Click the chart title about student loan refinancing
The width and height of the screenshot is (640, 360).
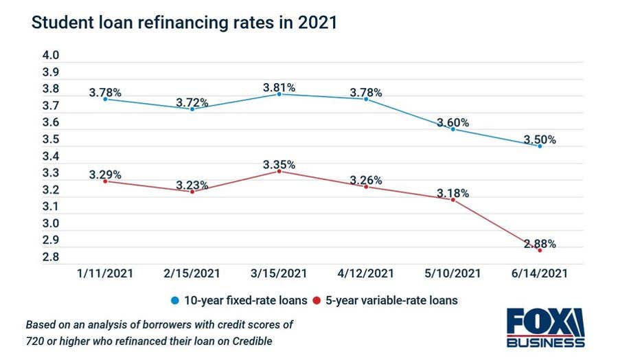(x=184, y=23)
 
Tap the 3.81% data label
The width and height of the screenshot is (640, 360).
(x=279, y=87)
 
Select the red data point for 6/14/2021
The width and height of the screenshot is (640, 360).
(x=539, y=251)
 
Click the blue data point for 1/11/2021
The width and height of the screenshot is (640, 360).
(x=105, y=99)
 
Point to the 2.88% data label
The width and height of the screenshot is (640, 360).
(x=540, y=243)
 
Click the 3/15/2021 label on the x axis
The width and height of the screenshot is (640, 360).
(x=279, y=273)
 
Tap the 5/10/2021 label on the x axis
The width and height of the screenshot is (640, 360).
(x=453, y=273)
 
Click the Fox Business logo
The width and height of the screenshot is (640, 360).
(x=545, y=328)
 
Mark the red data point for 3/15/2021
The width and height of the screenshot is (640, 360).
(x=279, y=171)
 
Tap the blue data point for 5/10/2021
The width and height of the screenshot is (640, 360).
(x=453, y=129)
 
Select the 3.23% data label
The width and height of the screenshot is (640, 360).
(x=192, y=184)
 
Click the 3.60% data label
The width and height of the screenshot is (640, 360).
(x=453, y=122)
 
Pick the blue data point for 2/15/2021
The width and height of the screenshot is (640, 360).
(x=192, y=109)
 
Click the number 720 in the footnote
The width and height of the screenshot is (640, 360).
(x=34, y=341)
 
